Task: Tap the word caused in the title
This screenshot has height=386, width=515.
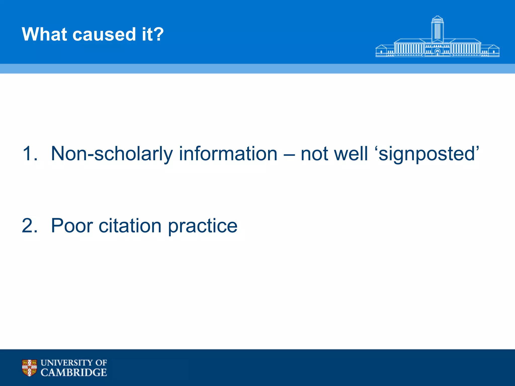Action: point(104,34)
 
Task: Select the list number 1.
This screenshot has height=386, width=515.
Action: point(29,154)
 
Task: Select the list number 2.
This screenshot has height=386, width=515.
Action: point(29,225)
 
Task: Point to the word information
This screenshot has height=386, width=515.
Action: point(228,154)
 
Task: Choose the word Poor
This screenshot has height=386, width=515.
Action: point(72,225)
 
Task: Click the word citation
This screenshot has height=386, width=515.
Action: point(130,225)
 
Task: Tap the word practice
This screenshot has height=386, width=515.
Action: point(202,225)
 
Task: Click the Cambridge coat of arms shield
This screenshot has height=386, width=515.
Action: point(29,368)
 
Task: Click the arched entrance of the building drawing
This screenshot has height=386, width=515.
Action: point(437,52)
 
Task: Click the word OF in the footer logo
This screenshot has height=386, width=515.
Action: point(101,363)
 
